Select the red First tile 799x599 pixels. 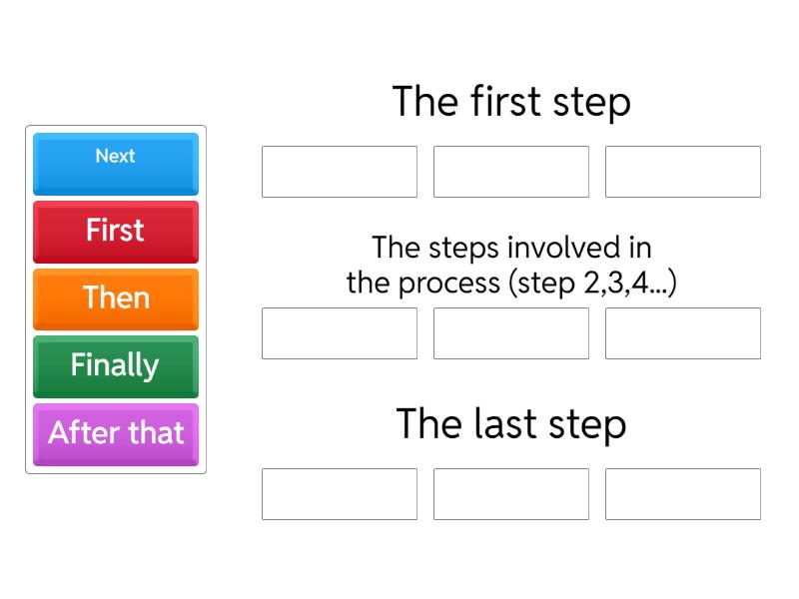pos(116,232)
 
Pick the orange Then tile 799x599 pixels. pos(116,299)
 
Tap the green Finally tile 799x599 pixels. pos(116,365)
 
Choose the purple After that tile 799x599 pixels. pos(116,433)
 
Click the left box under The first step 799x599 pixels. pos(340,172)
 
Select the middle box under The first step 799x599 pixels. pos(511,172)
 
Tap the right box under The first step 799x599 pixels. pos(683,172)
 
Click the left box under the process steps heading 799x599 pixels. pos(340,333)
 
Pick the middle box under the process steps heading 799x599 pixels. pos(511,333)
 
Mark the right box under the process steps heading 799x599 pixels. pos(683,333)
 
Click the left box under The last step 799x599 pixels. pos(340,494)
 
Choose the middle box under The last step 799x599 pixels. pos(511,494)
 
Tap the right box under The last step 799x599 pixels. pos(683,494)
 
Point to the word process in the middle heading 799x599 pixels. pos(450,283)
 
